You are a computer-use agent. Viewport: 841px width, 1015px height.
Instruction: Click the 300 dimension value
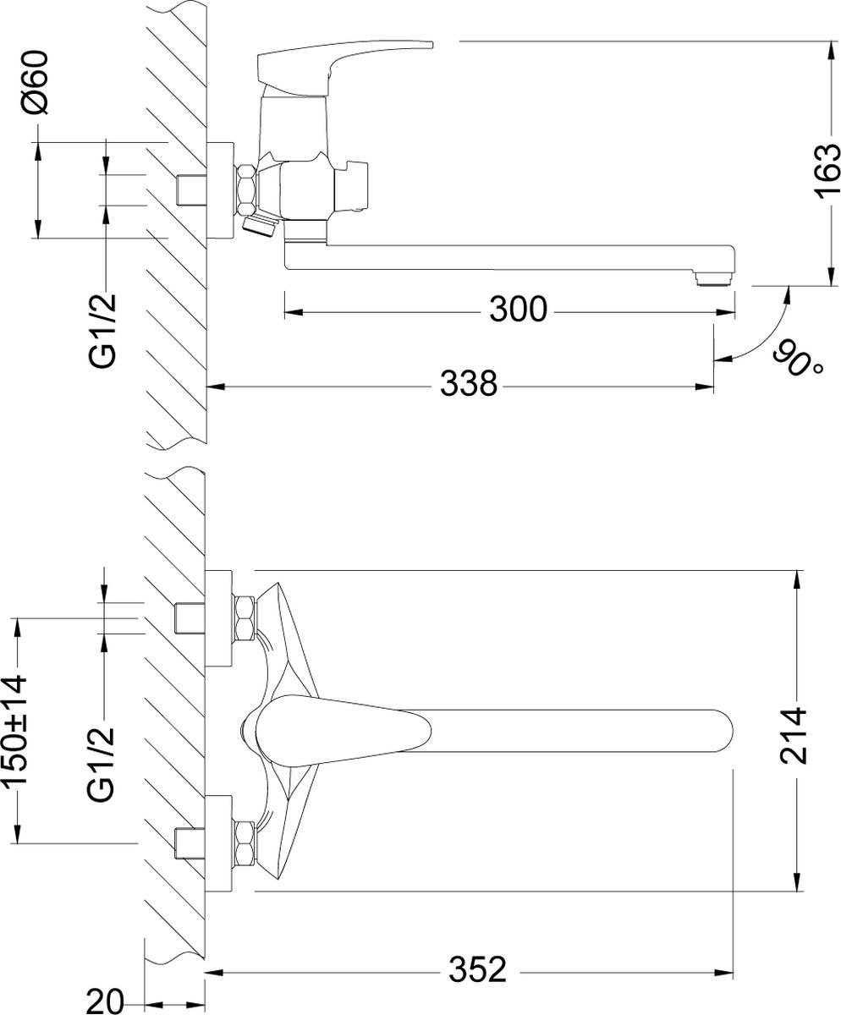518,310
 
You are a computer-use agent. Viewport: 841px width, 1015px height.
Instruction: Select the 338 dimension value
468,386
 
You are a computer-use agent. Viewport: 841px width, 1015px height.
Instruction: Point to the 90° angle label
799,361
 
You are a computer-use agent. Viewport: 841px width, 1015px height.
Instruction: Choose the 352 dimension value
478,969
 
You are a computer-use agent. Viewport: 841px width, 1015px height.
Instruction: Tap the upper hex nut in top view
247,618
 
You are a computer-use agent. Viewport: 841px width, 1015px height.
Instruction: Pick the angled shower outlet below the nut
260,225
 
